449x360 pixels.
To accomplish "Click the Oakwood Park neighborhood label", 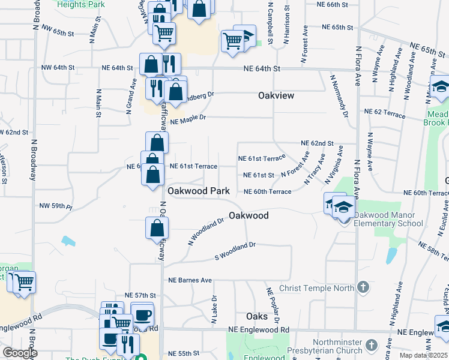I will [x=199, y=191].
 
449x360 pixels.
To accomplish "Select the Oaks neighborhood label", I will [x=257, y=316].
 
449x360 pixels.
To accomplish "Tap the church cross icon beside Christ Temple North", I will [x=362, y=287].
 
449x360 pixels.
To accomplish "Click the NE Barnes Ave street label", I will [x=190, y=280].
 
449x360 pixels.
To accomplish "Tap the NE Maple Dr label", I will [x=188, y=119].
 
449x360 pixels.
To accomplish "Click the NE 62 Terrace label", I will [x=385, y=112].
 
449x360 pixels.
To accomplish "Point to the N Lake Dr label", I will [x=214, y=310].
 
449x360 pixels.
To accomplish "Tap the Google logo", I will [x=20, y=352].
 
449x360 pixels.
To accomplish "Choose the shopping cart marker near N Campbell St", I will [x=232, y=41].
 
